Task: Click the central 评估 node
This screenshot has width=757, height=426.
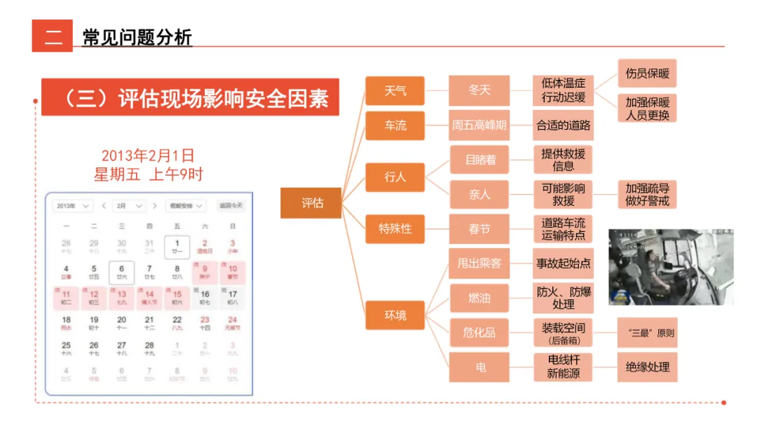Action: pyautogui.click(x=311, y=203)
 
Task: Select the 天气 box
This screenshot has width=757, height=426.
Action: pyautogui.click(x=395, y=90)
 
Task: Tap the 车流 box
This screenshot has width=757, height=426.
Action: pyautogui.click(x=395, y=125)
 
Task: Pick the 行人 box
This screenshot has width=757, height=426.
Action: pyautogui.click(x=395, y=177)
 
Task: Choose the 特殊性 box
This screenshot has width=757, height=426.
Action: pyautogui.click(x=395, y=228)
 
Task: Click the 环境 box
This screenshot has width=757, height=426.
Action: pyautogui.click(x=395, y=315)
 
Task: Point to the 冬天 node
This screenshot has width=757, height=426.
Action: pyautogui.click(x=479, y=90)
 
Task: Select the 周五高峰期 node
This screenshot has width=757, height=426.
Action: pyautogui.click(x=479, y=125)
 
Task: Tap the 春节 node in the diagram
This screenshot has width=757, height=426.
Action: pyautogui.click(x=479, y=228)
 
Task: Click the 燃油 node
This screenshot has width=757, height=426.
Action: pyautogui.click(x=479, y=298)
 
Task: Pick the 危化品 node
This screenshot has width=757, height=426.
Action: pyautogui.click(x=479, y=333)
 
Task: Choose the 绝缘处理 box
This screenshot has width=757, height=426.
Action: pyautogui.click(x=647, y=367)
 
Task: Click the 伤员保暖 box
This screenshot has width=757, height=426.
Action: pyautogui.click(x=647, y=73)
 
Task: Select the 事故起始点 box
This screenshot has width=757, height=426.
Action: pyautogui.click(x=563, y=263)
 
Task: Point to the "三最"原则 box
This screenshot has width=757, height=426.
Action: pyautogui.click(x=647, y=333)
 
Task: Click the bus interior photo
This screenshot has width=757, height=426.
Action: pyautogui.click(x=670, y=267)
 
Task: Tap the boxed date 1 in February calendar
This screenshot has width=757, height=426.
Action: pyautogui.click(x=177, y=247)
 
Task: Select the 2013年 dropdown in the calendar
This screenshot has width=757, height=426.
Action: pyautogui.click(x=73, y=206)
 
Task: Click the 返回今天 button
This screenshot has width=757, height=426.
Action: pyautogui.click(x=231, y=206)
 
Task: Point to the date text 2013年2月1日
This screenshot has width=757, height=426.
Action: pyautogui.click(x=148, y=156)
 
